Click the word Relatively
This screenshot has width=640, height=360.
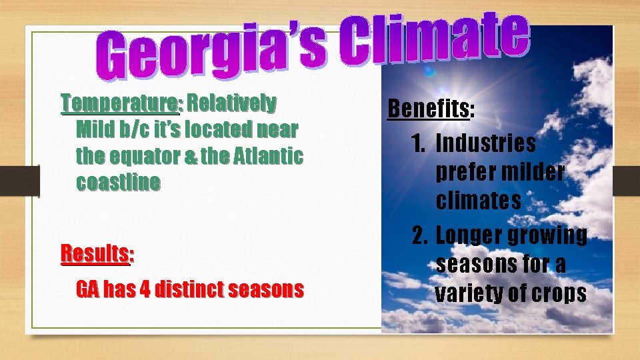click(231, 103)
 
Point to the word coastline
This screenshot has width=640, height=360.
click(118, 183)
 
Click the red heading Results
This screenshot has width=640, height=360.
click(95, 253)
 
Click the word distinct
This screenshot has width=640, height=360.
click(189, 289)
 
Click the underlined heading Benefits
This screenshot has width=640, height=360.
click(429, 109)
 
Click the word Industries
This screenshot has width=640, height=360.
click(485, 143)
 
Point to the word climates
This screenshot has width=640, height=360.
click(479, 201)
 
